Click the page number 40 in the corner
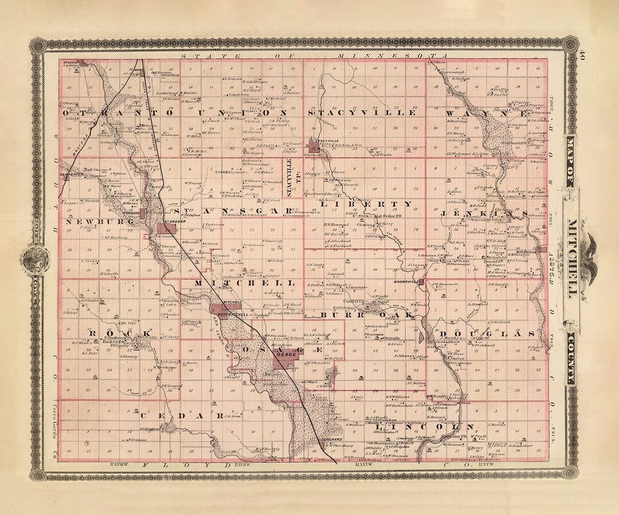pyautogui.click(x=582, y=56)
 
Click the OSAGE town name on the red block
pyautogui.click(x=285, y=355)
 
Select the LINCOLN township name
pyautogui.click(x=424, y=426)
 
